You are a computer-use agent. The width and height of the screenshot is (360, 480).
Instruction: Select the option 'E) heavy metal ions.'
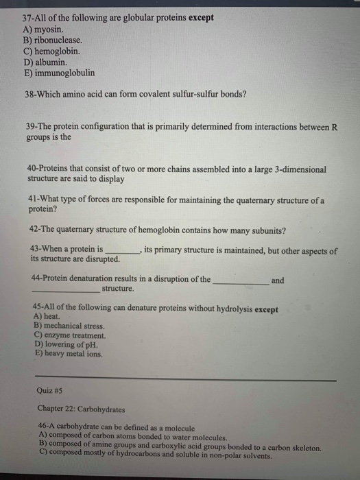[67, 354]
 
